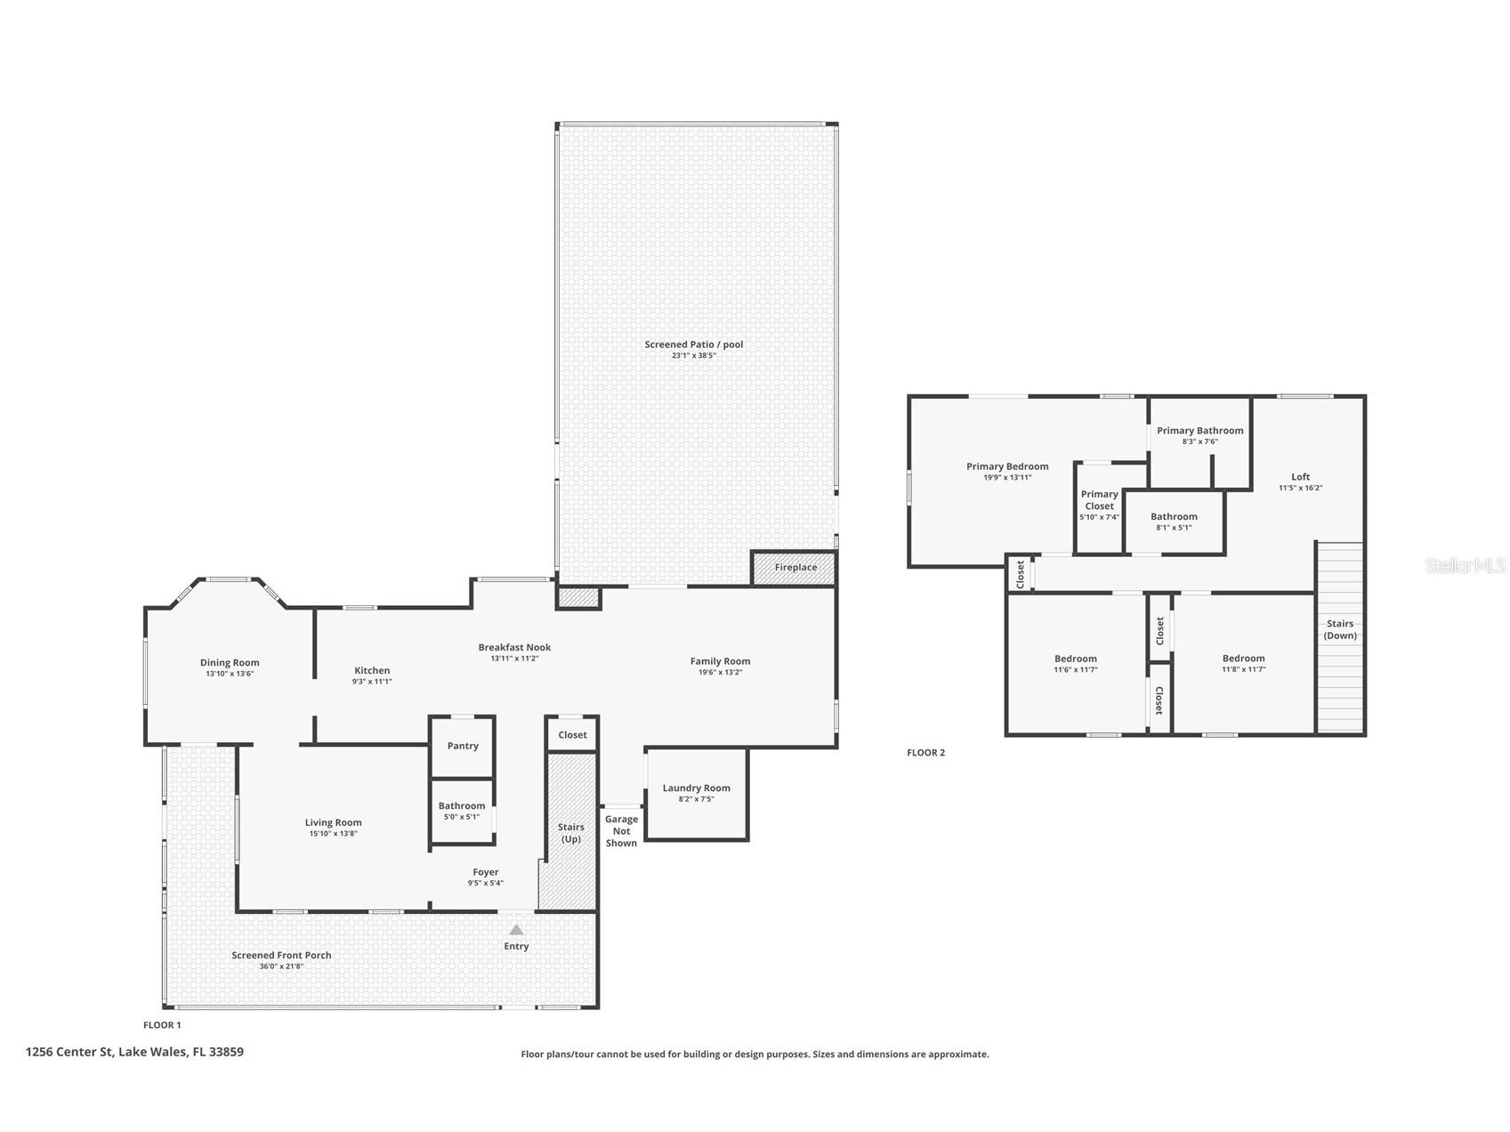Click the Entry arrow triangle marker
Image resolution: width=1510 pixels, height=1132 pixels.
pyautogui.click(x=516, y=930)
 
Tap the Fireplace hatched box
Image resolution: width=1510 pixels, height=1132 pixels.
pyautogui.click(x=795, y=568)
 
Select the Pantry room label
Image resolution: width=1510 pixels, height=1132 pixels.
pyautogui.click(x=463, y=746)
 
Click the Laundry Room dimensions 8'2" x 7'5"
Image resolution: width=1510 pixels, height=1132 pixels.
pyautogui.click(x=696, y=799)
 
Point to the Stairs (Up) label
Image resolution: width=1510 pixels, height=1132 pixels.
pyautogui.click(x=571, y=833)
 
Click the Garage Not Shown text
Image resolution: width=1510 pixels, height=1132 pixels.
pyautogui.click(x=621, y=831)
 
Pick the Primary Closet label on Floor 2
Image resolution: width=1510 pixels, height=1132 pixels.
pyautogui.click(x=1099, y=500)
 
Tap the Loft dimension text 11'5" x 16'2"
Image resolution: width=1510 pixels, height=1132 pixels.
pyautogui.click(x=1300, y=488)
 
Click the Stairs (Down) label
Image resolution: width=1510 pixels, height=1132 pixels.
pyautogui.click(x=1340, y=629)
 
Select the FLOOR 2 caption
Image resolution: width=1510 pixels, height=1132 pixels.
pyautogui.click(x=925, y=753)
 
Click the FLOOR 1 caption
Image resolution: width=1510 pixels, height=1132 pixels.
pyautogui.click(x=162, y=1025)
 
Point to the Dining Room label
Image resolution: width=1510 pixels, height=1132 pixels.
pyautogui.click(x=230, y=662)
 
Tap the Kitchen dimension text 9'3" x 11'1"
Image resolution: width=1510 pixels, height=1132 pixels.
pyautogui.click(x=372, y=682)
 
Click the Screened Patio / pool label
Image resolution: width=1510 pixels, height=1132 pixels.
pyautogui.click(x=693, y=344)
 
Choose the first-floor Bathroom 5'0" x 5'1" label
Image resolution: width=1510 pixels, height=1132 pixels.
pyautogui.click(x=462, y=806)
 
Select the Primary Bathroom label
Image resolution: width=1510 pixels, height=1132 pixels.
pyautogui.click(x=1199, y=431)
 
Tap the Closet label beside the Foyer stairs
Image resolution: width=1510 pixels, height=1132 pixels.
pyautogui.click(x=572, y=735)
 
